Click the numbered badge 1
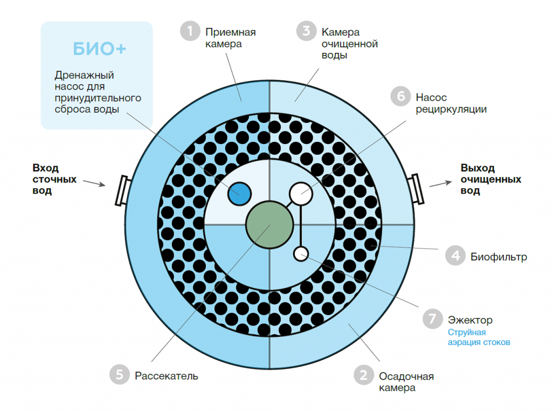click(190, 31)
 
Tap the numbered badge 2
click(364, 375)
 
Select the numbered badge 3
click(306, 31)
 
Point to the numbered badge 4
click(456, 256)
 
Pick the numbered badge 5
click(120, 374)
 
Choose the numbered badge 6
click(401, 96)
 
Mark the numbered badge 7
click(433, 319)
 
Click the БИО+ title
click(99, 49)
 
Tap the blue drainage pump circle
click(239, 194)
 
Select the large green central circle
click(270, 225)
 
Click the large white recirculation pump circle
click(301, 194)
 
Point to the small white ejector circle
click(301, 254)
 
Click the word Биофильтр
click(499, 257)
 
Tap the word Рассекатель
click(167, 376)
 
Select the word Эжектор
click(470, 320)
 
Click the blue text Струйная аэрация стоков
click(479, 338)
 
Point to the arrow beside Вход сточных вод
click(94, 183)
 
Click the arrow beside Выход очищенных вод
click(441, 184)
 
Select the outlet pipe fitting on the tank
click(416, 189)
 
